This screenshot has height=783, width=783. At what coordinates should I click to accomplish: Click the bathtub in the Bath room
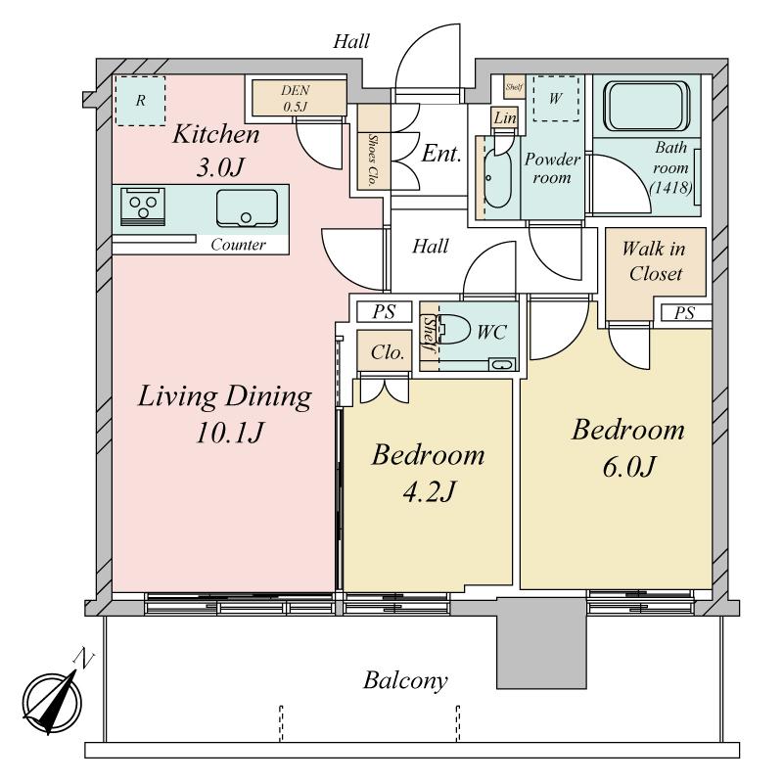[646, 106]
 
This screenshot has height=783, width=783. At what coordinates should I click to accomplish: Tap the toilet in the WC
[454, 330]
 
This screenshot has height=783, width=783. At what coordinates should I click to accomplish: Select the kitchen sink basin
[247, 208]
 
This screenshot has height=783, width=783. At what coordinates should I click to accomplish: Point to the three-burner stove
[143, 207]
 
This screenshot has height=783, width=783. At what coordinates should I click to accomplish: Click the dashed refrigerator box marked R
[140, 101]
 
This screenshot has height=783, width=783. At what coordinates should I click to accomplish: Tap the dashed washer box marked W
[556, 99]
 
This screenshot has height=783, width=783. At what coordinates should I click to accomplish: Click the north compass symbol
[54, 699]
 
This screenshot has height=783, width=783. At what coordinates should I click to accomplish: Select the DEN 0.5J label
[296, 98]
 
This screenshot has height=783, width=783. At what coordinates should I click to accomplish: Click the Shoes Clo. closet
[373, 148]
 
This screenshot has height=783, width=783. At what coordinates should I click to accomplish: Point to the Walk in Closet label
[655, 261]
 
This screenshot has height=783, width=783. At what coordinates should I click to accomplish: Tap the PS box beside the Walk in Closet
[683, 313]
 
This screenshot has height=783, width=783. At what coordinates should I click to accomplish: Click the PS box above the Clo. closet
[384, 311]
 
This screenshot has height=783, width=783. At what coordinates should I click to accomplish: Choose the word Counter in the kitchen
[238, 244]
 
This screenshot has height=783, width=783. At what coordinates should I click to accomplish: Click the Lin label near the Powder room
[505, 118]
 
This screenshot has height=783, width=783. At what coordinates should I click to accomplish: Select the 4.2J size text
[429, 491]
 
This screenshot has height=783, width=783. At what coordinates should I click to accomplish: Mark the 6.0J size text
[628, 467]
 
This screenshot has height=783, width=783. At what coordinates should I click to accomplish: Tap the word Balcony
[405, 680]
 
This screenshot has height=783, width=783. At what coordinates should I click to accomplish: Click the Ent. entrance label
[441, 154]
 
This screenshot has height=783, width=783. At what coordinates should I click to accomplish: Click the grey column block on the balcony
[541, 643]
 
